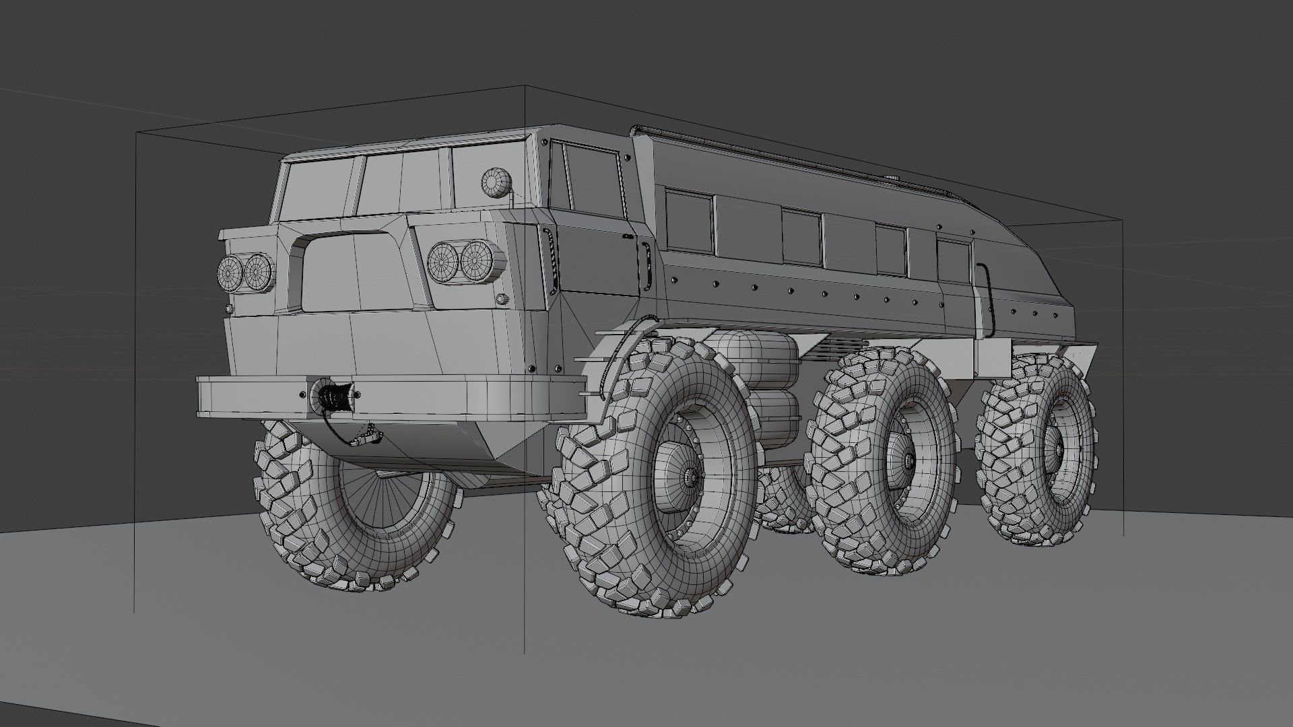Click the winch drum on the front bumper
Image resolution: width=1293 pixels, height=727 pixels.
click(334, 395)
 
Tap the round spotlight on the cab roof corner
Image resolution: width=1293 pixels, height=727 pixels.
click(497, 182)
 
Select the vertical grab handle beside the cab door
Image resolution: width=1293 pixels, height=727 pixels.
click(645, 263)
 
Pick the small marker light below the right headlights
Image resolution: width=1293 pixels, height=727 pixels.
click(501, 299)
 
